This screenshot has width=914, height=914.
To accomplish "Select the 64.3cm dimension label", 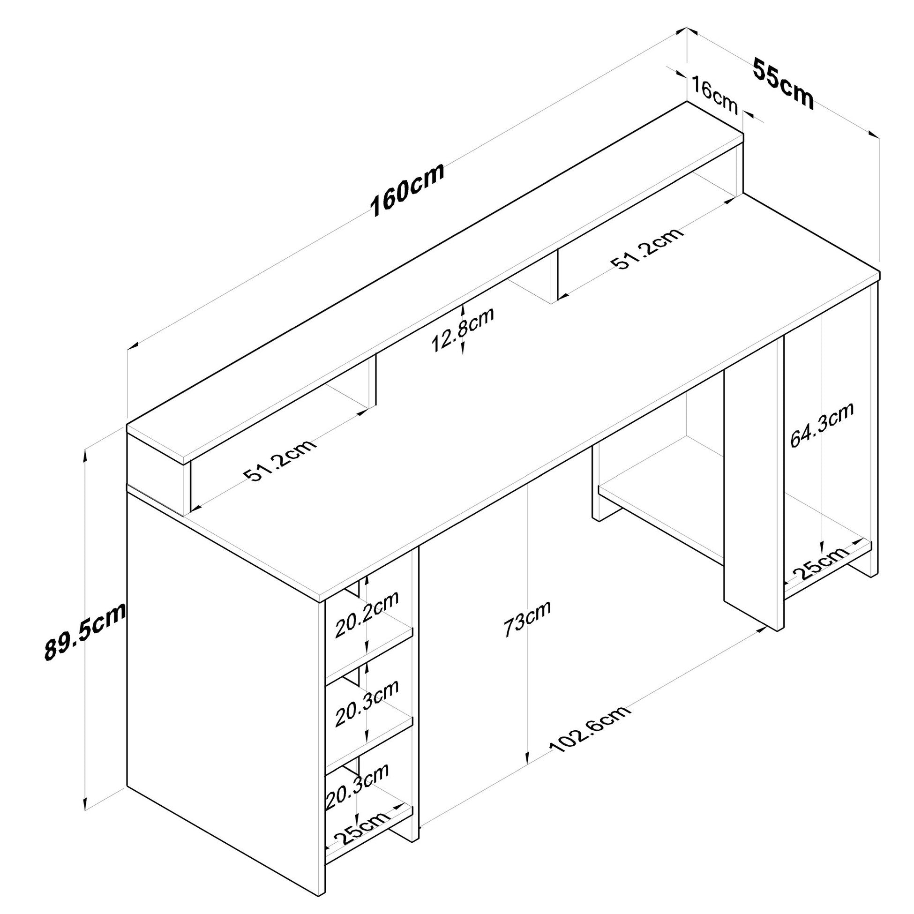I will tap(822, 426).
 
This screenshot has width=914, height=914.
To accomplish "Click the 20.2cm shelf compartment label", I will tap(367, 614).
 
